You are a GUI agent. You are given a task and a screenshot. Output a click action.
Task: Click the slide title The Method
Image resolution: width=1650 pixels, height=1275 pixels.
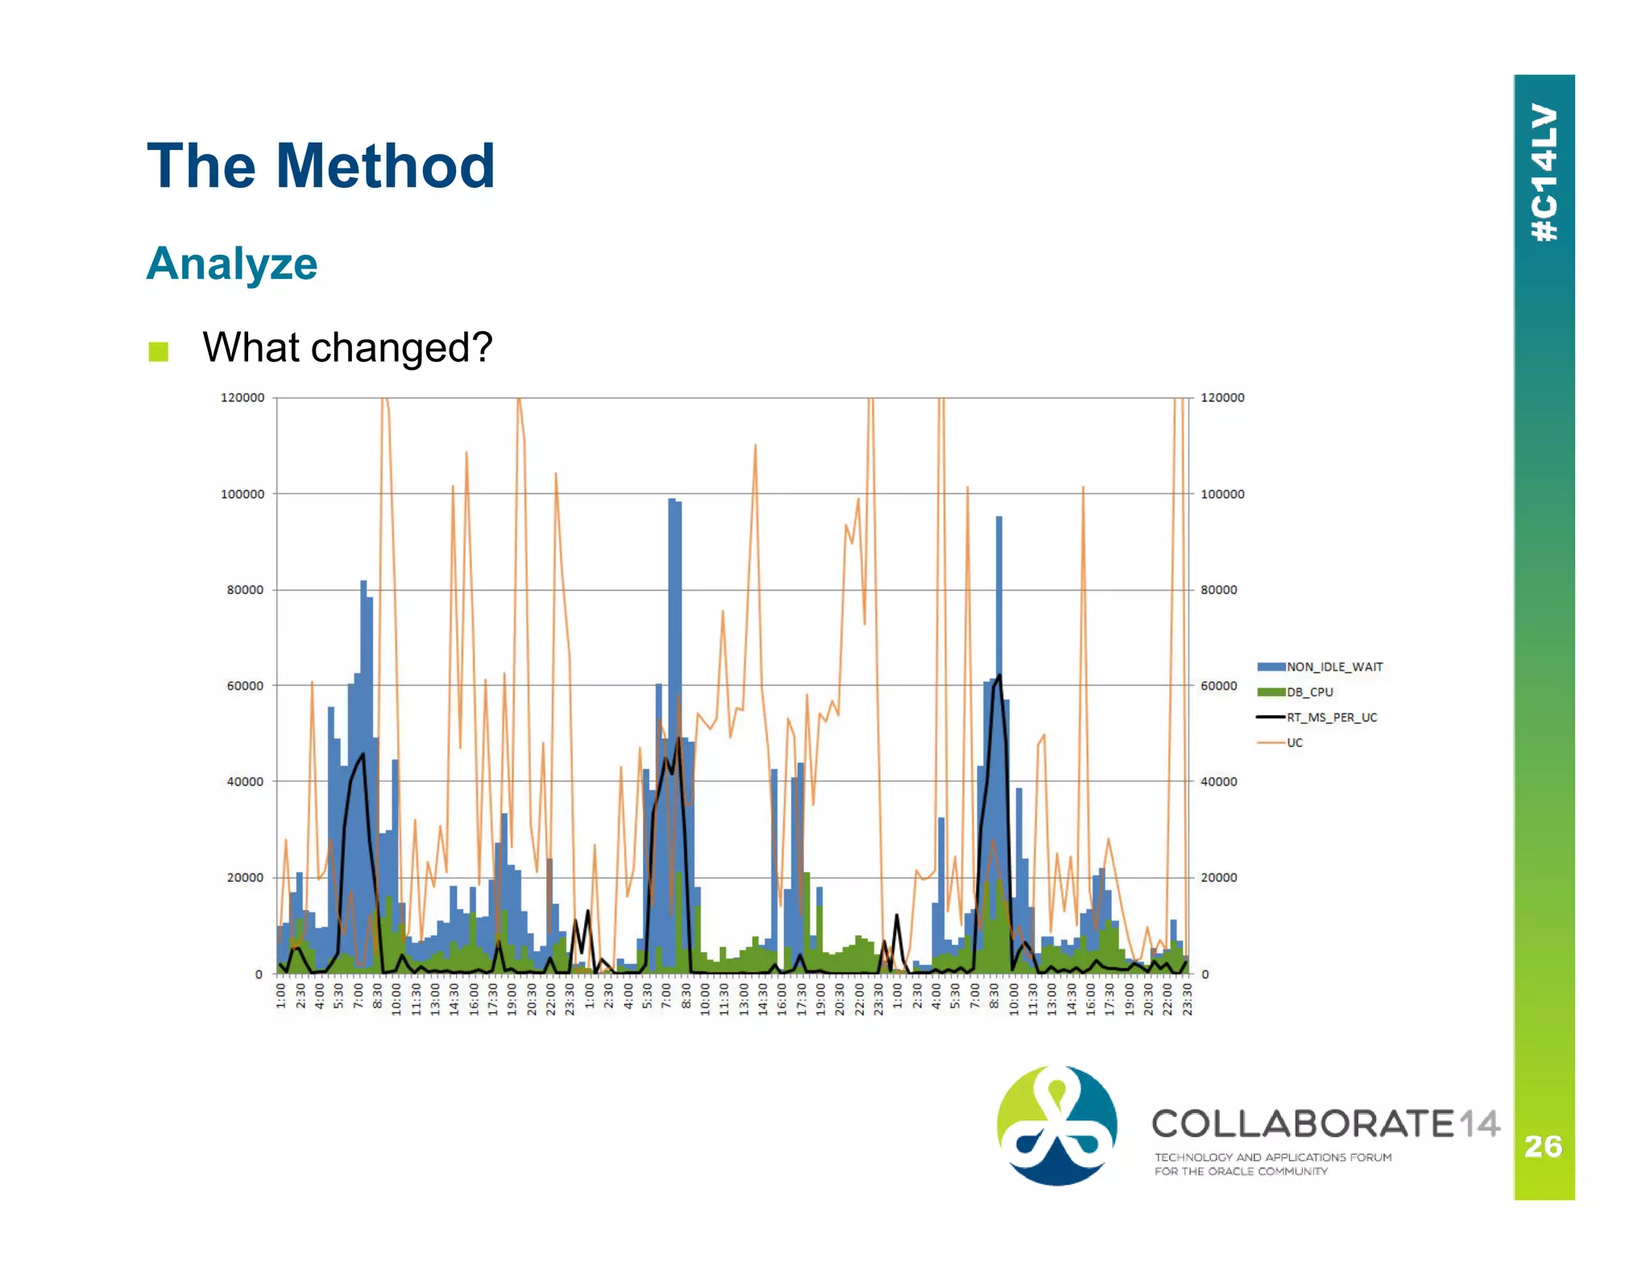pos(321,166)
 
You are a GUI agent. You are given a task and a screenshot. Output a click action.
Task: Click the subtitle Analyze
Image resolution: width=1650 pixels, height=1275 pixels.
pos(232,264)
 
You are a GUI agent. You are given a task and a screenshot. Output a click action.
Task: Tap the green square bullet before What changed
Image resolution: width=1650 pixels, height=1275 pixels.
pos(158,351)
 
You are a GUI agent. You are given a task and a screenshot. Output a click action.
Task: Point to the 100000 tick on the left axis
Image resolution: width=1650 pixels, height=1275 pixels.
pos(242,494)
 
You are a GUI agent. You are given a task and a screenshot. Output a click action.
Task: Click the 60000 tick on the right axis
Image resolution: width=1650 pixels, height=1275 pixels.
pos(1218,686)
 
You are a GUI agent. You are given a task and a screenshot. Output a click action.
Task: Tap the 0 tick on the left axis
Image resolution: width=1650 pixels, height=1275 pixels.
pos(259,974)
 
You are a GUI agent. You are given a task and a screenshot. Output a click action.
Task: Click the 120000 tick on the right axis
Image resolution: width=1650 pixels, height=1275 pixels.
pos(1221,398)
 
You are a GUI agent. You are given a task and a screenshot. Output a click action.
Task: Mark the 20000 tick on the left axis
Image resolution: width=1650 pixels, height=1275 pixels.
pos(245,878)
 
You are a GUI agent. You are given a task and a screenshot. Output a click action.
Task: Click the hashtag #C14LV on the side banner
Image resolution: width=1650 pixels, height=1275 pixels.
pos(1544,172)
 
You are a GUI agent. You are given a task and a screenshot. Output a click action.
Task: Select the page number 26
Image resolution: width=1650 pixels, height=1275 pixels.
pos(1543,1146)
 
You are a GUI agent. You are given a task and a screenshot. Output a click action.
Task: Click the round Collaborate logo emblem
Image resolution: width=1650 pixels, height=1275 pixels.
pos(1057,1125)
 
